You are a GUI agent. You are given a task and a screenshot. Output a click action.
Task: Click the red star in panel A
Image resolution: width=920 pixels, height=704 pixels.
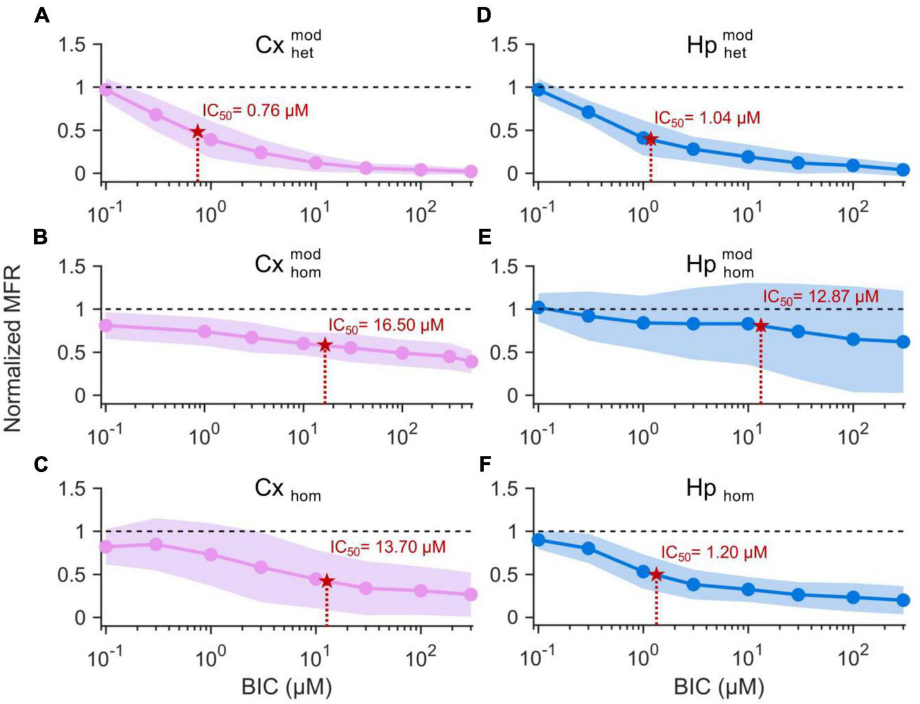point(198,132)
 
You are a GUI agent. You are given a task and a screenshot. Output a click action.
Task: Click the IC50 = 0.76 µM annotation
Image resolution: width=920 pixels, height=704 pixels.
point(255,111)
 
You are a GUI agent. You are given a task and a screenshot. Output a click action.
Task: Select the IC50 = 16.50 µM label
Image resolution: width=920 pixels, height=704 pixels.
point(386,325)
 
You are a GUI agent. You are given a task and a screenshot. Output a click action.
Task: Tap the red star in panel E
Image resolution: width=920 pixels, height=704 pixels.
point(761,326)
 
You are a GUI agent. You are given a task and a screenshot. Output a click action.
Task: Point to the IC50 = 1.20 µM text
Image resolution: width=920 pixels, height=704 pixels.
point(714,552)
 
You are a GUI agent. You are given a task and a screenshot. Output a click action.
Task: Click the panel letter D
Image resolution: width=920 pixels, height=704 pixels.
point(484,16)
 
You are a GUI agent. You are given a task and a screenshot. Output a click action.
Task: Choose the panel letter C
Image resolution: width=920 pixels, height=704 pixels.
point(42,465)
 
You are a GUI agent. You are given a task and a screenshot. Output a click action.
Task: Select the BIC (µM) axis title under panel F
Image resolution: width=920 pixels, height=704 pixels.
point(720,686)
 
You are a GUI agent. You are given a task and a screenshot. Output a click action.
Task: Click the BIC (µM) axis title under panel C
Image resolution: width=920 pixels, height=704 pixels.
point(287,686)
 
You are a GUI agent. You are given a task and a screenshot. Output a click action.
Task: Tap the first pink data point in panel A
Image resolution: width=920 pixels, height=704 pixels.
point(106,89)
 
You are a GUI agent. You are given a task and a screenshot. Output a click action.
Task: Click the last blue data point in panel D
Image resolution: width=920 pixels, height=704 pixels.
point(903,170)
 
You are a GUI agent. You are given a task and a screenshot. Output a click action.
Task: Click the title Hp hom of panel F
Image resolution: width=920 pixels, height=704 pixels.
point(720,490)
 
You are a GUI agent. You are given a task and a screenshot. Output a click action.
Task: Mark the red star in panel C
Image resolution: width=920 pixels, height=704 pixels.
point(326,581)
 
